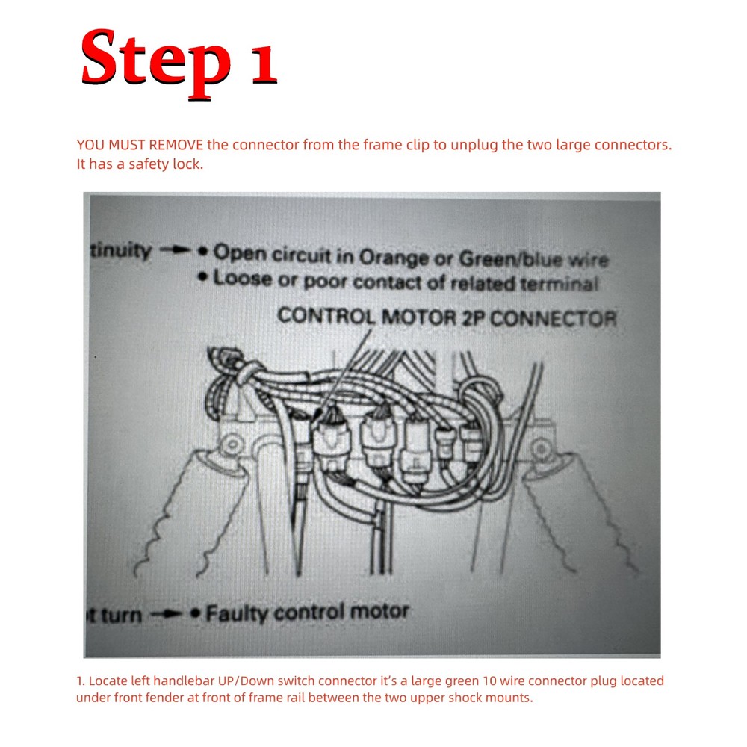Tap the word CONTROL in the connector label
tap(326, 314)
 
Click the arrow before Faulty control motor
tap(167, 616)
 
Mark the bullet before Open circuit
tap(202, 252)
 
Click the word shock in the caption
tap(462, 698)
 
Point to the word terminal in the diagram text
tap(560, 284)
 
